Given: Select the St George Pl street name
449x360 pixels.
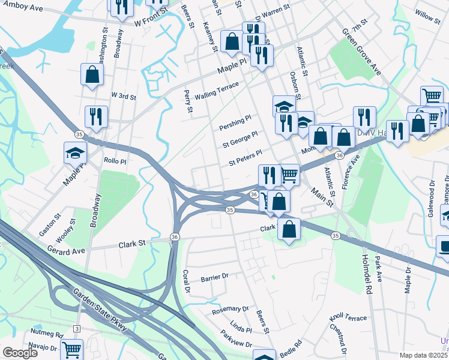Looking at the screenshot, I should click(240, 139).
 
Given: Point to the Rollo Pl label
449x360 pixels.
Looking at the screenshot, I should click(115, 161).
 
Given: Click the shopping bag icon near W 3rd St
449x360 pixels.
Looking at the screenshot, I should click(92, 75).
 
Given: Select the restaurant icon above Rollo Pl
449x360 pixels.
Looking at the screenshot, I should click(96, 116).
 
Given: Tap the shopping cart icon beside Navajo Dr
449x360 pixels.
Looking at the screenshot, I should click(71, 349).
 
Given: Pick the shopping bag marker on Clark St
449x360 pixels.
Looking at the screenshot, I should click(289, 229).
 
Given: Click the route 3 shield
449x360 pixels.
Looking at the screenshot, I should click(77, 328).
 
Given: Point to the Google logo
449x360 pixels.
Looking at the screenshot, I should click(20, 353).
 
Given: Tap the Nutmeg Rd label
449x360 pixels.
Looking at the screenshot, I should click(47, 333).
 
